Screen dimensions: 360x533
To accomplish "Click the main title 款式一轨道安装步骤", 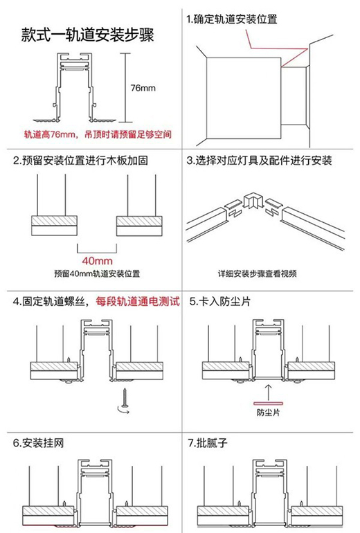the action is (x=88, y=35).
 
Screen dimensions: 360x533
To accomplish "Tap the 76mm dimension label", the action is (x=143, y=88).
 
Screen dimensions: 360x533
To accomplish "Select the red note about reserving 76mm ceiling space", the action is (x=98, y=134).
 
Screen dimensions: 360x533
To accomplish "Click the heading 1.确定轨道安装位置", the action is (x=232, y=19).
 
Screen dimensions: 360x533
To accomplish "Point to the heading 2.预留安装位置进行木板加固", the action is (x=80, y=160).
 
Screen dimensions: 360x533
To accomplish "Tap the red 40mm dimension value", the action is (x=97, y=261).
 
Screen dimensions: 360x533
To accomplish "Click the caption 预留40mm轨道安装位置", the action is (x=97, y=273).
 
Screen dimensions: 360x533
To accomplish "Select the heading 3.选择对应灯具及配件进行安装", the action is (x=259, y=160).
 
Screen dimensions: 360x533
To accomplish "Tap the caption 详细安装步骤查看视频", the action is (x=258, y=273).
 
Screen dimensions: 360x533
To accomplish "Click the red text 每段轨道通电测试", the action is (x=137, y=301).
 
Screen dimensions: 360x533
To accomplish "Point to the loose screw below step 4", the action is (x=125, y=397).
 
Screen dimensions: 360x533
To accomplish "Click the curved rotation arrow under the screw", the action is (x=123, y=410).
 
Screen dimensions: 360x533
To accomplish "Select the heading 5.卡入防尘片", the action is (x=219, y=301).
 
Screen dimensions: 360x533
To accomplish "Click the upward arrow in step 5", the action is (x=269, y=392).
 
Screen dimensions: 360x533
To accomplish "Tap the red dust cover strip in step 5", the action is (x=268, y=404).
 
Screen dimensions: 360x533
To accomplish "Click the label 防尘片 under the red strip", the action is (x=268, y=413).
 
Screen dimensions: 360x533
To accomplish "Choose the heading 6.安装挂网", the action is (x=38, y=443).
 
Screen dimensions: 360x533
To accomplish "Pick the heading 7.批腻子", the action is (x=208, y=443).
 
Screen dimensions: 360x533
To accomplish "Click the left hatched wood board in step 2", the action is (x=54, y=221).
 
